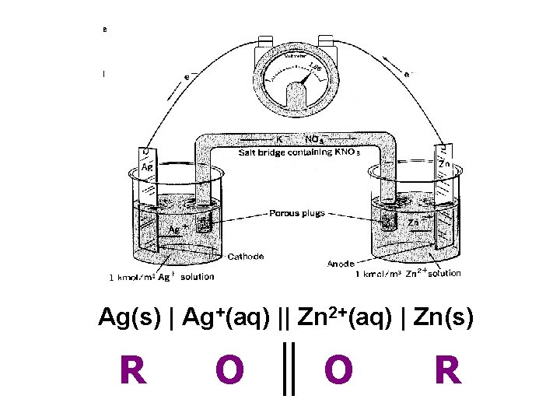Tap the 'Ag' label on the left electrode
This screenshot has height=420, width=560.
click(146, 166)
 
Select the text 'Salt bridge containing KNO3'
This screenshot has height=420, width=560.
click(299, 153)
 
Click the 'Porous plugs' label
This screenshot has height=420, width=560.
click(297, 212)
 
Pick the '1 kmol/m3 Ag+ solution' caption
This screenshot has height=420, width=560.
click(161, 277)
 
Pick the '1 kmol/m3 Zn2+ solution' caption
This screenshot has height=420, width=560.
click(408, 274)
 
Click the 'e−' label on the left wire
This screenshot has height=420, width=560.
click(187, 76)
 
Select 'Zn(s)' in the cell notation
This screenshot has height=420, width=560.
click(443, 318)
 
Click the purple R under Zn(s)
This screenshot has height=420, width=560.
click(447, 371)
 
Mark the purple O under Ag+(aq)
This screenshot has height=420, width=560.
click(229, 371)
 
